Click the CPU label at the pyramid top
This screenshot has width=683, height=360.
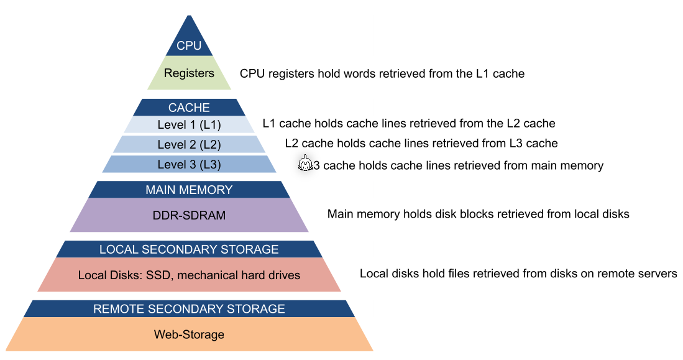click(189, 46)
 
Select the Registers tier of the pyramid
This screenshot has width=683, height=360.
click(189, 73)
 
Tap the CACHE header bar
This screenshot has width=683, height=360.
click(189, 108)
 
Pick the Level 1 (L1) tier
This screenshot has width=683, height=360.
click(189, 125)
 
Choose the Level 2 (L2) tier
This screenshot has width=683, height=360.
click(189, 145)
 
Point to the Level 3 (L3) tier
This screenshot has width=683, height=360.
click(189, 165)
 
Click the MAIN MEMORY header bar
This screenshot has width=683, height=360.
click(189, 190)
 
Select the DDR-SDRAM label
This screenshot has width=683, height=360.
click(189, 216)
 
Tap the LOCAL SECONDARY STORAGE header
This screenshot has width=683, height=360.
click(189, 249)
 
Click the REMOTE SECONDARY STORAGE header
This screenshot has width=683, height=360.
click(189, 309)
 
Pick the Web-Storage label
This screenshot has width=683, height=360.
click(189, 335)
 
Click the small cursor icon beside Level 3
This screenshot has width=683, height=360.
click(305, 164)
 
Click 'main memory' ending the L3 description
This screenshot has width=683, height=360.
click(571, 165)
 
